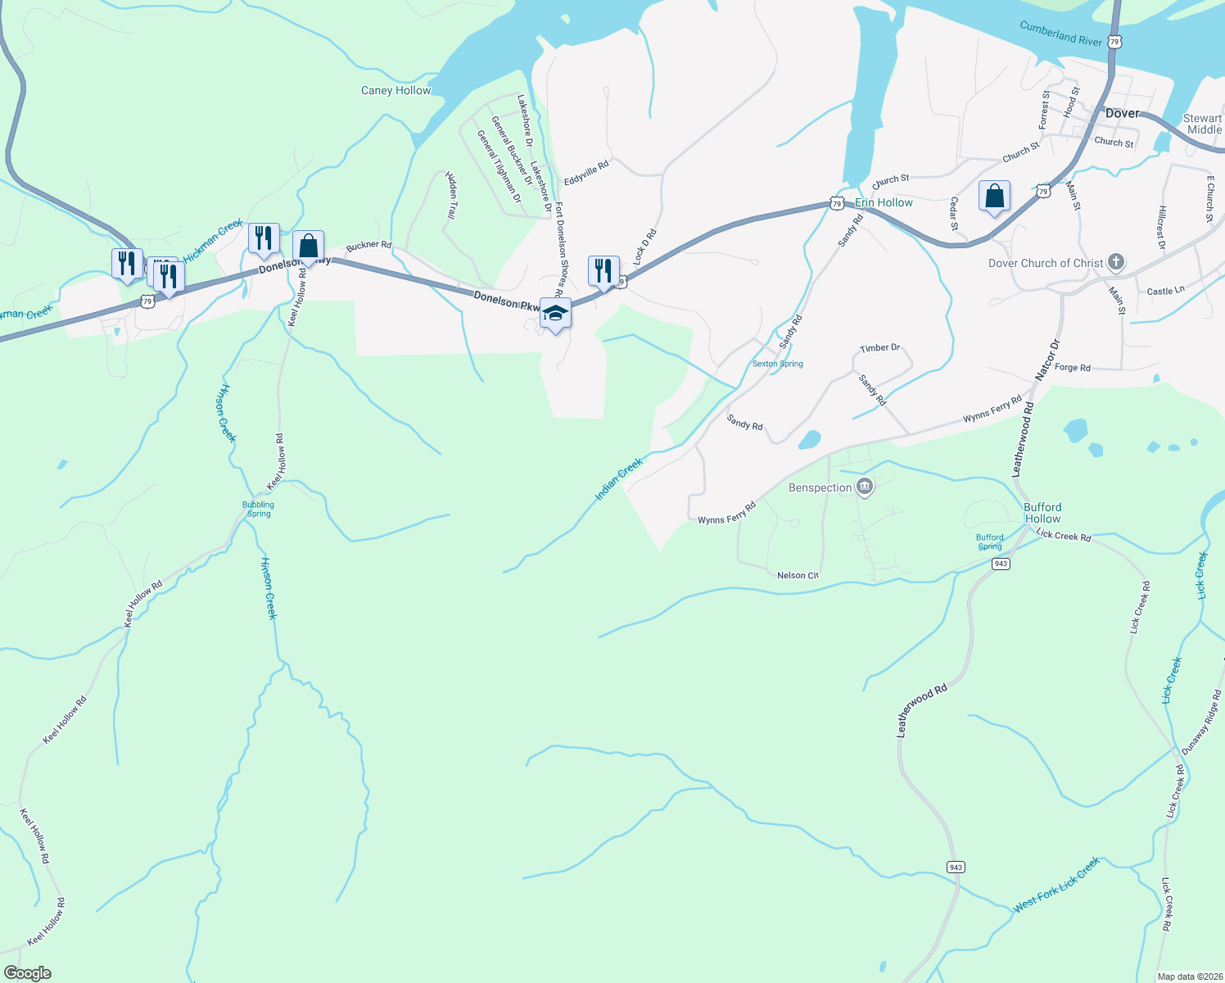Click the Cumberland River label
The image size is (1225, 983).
pos(1060,34)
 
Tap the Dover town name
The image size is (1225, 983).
pos(1122,114)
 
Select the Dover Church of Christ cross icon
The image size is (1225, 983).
pos(1115,262)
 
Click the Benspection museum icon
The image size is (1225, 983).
pos(865,488)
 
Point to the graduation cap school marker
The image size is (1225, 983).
pos(555,314)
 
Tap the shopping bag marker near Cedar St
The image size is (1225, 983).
pos(994,197)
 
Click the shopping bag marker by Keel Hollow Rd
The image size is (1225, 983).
pos(308,246)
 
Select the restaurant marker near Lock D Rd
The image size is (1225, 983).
pos(603,271)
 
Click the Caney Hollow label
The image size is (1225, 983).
pos(396,90)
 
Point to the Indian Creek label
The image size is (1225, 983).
pos(619,479)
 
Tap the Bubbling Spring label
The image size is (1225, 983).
pos(258,509)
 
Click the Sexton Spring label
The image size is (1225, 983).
pos(777,364)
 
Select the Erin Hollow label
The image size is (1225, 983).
pos(884,202)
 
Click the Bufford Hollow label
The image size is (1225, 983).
pos(1042,513)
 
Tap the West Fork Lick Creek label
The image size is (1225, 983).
pos(1056,885)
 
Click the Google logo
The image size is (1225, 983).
pos(27,973)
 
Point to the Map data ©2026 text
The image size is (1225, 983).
pos(1189,976)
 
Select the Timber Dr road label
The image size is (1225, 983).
pos(879,348)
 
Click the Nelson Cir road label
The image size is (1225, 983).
pos(798,576)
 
